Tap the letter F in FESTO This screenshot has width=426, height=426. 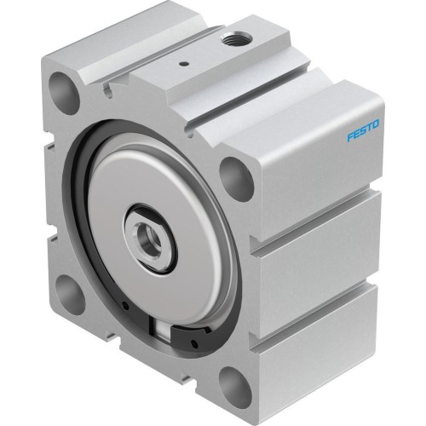coord(351,139)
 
